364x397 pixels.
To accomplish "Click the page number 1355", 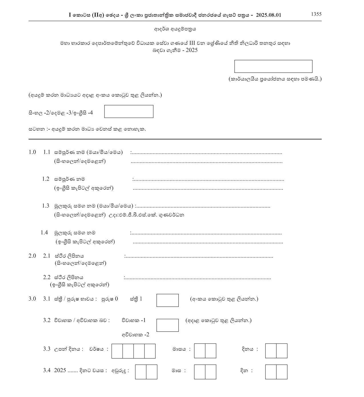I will tap(316, 14).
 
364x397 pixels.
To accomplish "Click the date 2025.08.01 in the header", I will tap(268, 15).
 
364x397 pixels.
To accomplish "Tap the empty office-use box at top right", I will tap(273, 66).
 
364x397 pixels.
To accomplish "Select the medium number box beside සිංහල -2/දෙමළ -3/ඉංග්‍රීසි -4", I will tap(129, 111).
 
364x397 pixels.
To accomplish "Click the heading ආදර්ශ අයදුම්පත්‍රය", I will tap(175, 29).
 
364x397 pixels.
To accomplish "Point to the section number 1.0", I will tap(32, 152).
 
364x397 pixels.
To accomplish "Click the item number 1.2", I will tap(46, 179).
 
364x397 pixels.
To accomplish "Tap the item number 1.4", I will tap(44, 233).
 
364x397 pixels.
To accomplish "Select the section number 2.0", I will tap(32, 256).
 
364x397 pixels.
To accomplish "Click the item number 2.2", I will tap(47, 277).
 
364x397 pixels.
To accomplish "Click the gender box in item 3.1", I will tap(168, 300).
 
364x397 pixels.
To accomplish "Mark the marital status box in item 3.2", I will tap(168, 325).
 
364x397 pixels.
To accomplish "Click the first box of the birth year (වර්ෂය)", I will tap(117, 351).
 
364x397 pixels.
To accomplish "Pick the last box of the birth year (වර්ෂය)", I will tap(150, 351).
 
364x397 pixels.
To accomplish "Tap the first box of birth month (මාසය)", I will tap(200, 351).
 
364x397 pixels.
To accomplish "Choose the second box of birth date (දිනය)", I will tap(282, 351).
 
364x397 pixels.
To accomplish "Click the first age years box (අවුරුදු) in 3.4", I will tap(141, 372).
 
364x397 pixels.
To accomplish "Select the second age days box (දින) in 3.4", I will tap(282, 372).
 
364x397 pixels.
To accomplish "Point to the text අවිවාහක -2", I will tap(135, 334).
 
